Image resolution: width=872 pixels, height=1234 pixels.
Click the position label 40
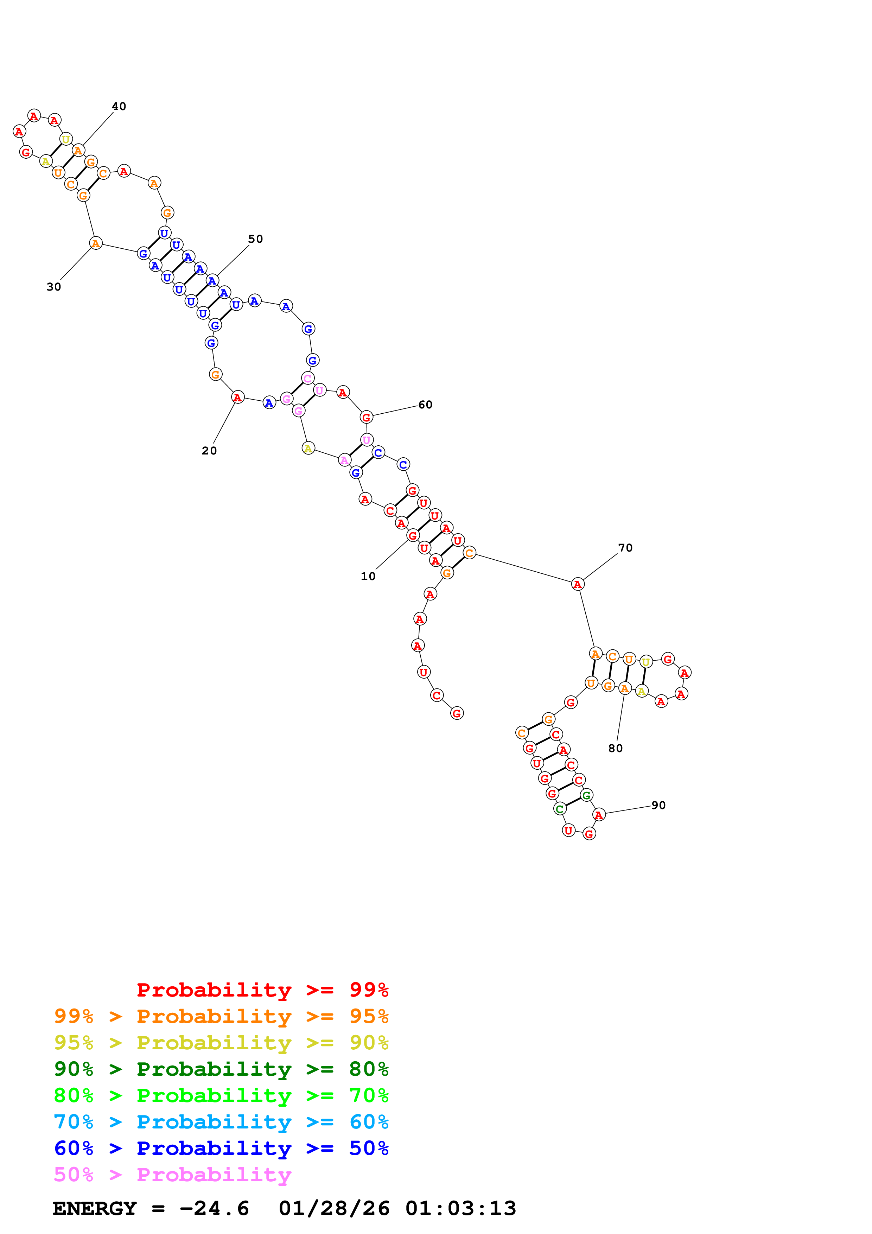(119, 107)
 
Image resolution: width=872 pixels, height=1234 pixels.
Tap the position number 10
(368, 576)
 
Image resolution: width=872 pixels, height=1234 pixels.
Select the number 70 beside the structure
(625, 548)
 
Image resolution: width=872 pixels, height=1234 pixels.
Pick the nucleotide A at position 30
(96, 243)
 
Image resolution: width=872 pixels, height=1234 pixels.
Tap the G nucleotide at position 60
(367, 417)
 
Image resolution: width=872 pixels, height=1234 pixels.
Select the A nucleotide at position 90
(599, 815)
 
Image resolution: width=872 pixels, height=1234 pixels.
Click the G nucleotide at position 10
(413, 535)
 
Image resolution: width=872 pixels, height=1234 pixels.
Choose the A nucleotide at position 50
(212, 281)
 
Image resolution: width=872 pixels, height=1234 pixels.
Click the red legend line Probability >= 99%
(262, 990)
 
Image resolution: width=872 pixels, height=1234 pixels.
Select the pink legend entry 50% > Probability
(172, 1175)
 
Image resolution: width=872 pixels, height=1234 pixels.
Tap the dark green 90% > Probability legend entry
(221, 1069)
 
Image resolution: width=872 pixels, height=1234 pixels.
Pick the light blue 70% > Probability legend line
(221, 1122)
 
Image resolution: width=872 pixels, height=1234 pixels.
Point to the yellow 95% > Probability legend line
(221, 1043)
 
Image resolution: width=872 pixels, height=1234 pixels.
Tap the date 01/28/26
(334, 1209)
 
